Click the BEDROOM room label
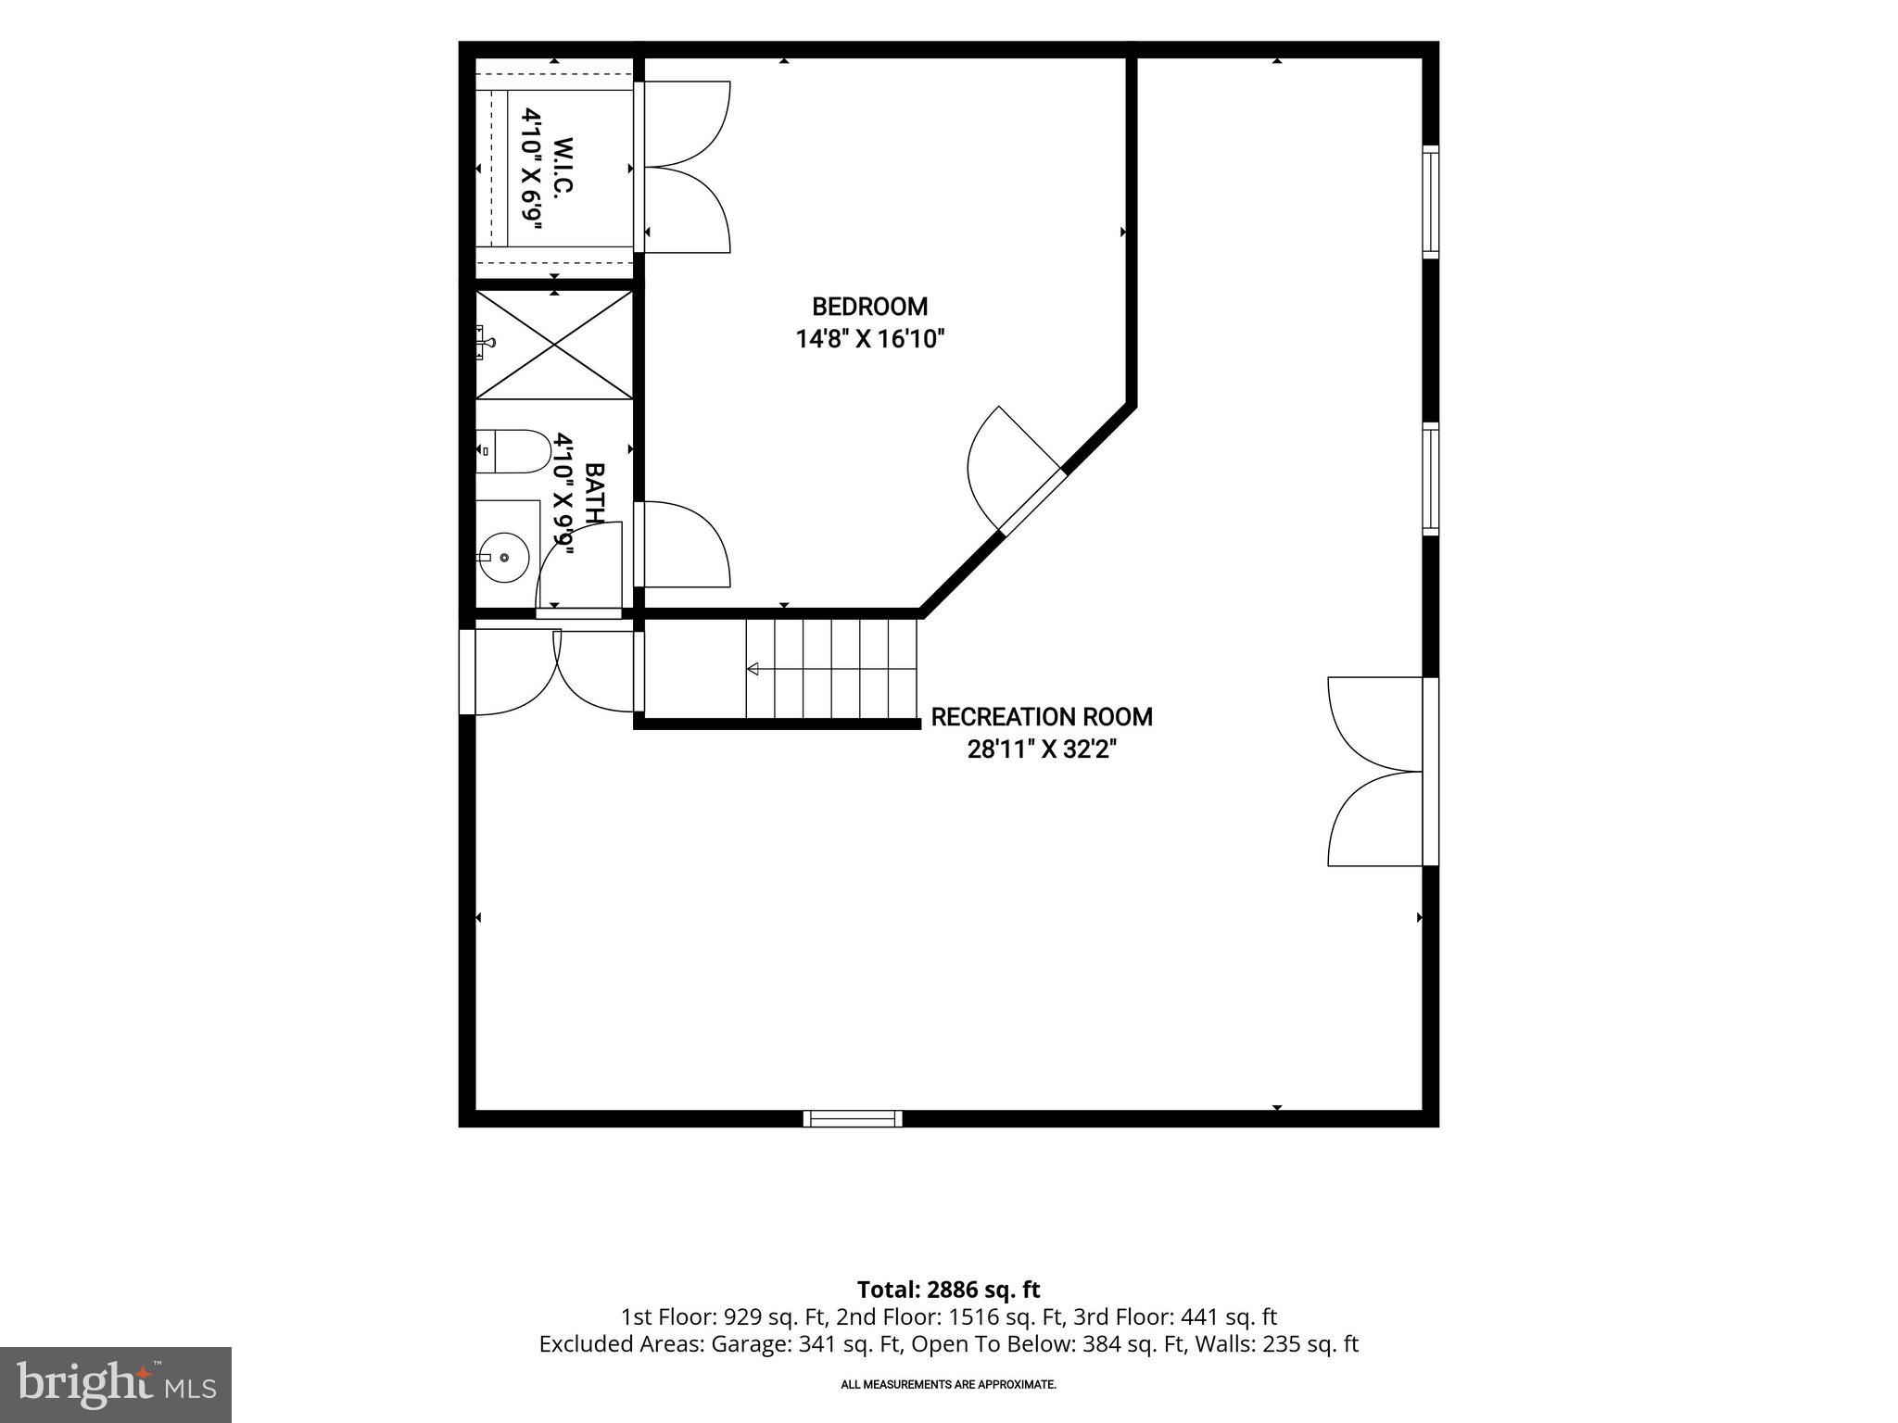pyautogui.click(x=869, y=307)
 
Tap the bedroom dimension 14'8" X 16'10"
pyautogui.click(x=869, y=339)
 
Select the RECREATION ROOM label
pyautogui.click(x=1042, y=717)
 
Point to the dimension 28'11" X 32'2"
pyautogui.click(x=1042, y=749)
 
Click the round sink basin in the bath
pyautogui.click(x=503, y=558)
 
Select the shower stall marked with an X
pyautogui.click(x=554, y=345)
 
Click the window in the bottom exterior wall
pyautogui.click(x=853, y=1118)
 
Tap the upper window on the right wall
pyautogui.click(x=1431, y=201)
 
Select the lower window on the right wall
pyautogui.click(x=1431, y=479)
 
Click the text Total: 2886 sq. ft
pyautogui.click(x=948, y=1290)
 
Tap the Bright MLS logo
pyautogui.click(x=116, y=1384)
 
